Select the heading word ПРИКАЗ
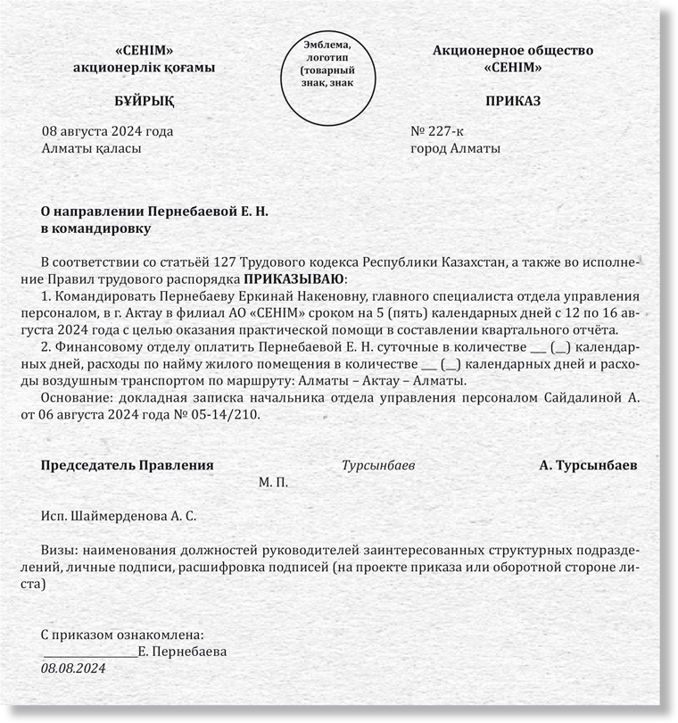click(513, 101)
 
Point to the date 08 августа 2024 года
click(108, 131)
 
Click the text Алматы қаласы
click(91, 148)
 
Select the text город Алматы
click(455, 148)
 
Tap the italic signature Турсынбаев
click(378, 465)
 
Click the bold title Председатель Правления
click(128, 465)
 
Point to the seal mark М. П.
click(273, 482)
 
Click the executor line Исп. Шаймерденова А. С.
click(118, 516)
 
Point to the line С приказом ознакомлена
click(123, 635)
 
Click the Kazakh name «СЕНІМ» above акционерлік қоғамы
click(145, 51)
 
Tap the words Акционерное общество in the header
click(513, 51)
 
